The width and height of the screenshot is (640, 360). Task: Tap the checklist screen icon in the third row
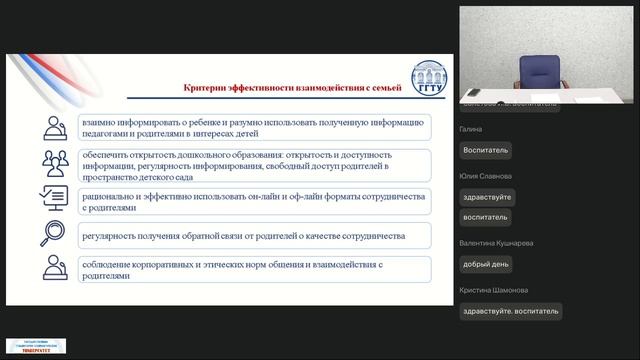[x=54, y=198]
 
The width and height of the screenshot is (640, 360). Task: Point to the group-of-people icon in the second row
[x=54, y=163]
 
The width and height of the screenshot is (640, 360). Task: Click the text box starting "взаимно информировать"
[x=256, y=127]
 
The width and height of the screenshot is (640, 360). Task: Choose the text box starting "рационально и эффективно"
[x=256, y=203]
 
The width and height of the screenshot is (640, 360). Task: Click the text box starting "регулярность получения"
[x=256, y=236]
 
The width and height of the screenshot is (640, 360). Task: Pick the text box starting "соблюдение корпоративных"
[x=256, y=268]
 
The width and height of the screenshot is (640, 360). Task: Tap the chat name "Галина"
[x=471, y=129]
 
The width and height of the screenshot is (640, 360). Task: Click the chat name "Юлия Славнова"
[x=485, y=176]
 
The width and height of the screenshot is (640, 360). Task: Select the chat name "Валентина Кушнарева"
[x=496, y=243]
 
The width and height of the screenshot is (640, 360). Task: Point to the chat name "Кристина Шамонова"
[x=494, y=290]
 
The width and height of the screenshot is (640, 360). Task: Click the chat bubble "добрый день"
[x=486, y=264]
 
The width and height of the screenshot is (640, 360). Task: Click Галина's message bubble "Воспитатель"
[x=486, y=150]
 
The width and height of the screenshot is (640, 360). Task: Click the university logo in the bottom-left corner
[x=36, y=345]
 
